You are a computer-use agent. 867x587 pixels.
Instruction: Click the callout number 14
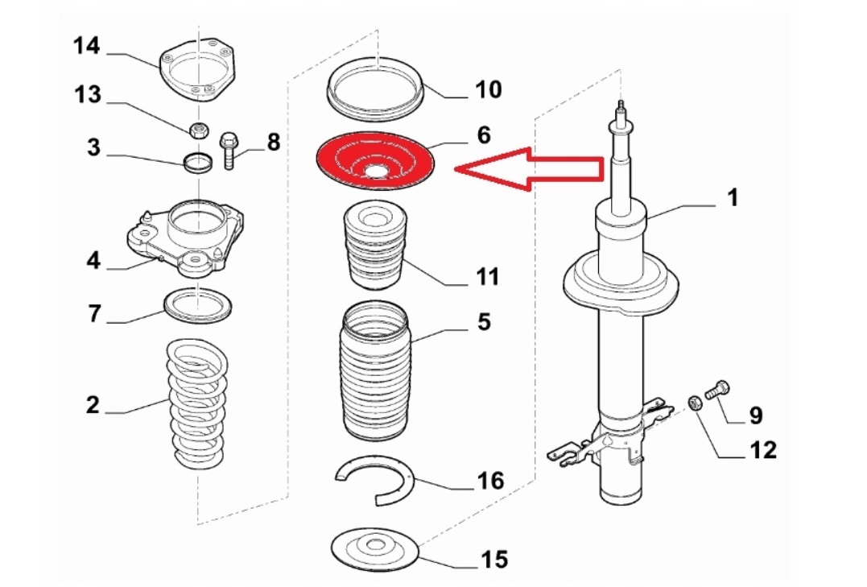tap(87, 46)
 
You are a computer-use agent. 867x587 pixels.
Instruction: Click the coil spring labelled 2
tap(197, 403)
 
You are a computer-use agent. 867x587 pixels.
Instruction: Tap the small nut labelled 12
tap(693, 401)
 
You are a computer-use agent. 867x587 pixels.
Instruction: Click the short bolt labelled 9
tap(717, 391)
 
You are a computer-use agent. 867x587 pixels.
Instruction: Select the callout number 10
tap(488, 89)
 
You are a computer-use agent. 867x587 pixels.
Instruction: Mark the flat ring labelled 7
tap(199, 305)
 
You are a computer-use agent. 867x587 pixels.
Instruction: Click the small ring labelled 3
tap(198, 163)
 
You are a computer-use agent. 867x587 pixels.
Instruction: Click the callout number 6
tap(483, 134)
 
